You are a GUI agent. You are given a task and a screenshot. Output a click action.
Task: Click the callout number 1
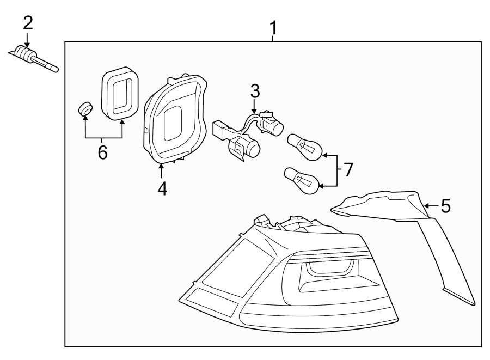tap(274, 27)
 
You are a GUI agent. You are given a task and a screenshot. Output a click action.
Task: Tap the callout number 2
tap(27, 23)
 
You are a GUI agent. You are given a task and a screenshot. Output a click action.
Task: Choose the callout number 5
tap(445, 206)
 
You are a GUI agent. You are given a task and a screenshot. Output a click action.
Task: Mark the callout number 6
tap(102, 152)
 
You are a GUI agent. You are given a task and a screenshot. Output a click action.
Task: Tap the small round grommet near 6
tap(84, 109)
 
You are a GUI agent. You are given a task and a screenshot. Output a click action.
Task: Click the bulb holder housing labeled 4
tap(174, 120)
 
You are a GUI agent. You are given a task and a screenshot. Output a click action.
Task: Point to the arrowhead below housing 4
tap(162, 167)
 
